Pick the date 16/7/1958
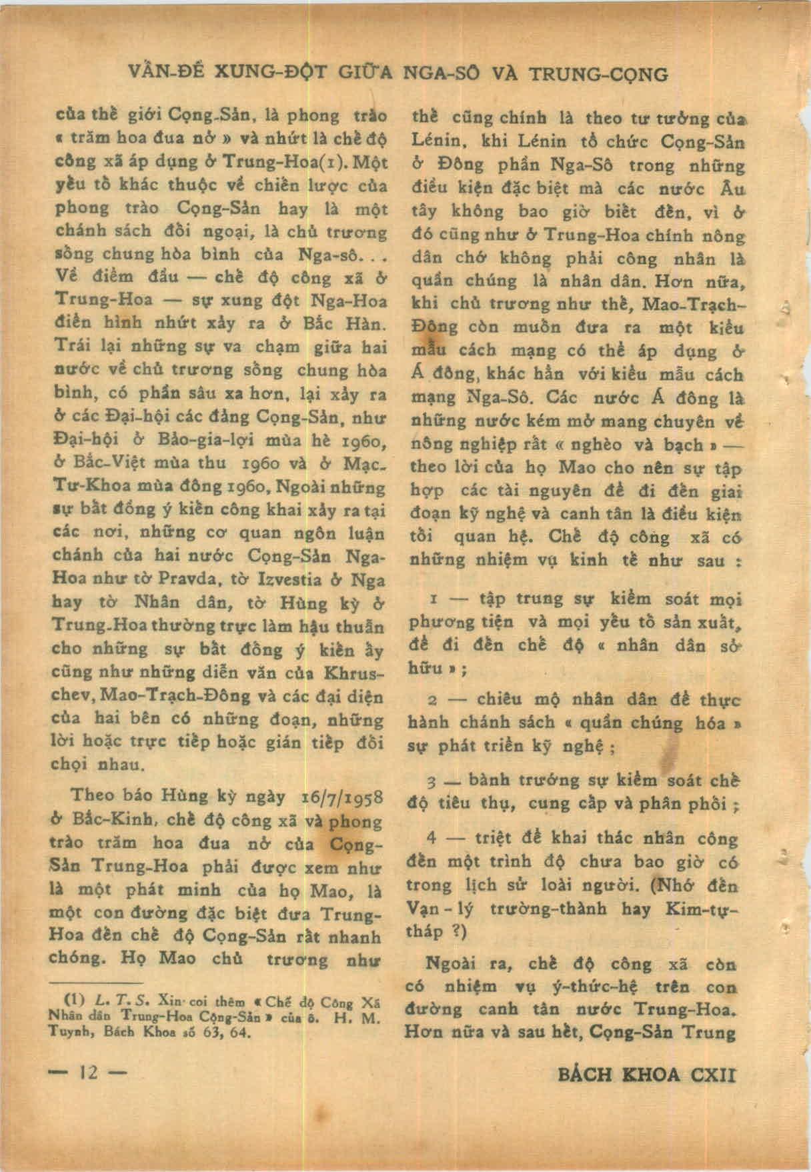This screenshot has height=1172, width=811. click(x=341, y=797)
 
